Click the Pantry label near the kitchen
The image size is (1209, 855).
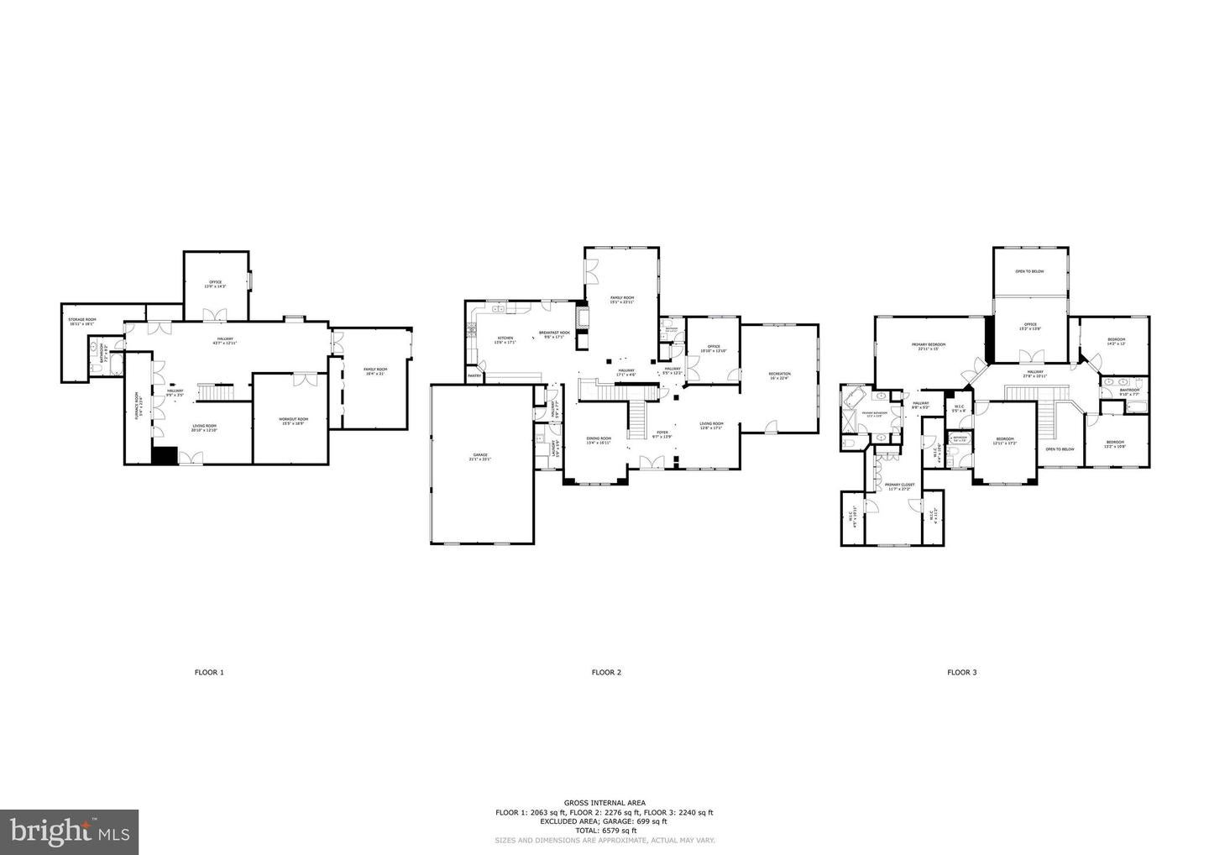click(474, 375)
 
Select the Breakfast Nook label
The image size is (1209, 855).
click(554, 334)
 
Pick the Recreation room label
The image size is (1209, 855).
click(780, 375)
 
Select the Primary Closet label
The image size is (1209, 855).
click(899, 486)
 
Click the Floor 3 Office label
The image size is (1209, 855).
click(1030, 326)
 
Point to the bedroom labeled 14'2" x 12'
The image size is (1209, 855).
click(1116, 341)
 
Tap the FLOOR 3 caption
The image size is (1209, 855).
click(962, 672)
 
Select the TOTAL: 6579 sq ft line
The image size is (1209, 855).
click(604, 831)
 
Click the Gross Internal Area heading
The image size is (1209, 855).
click(604, 804)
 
